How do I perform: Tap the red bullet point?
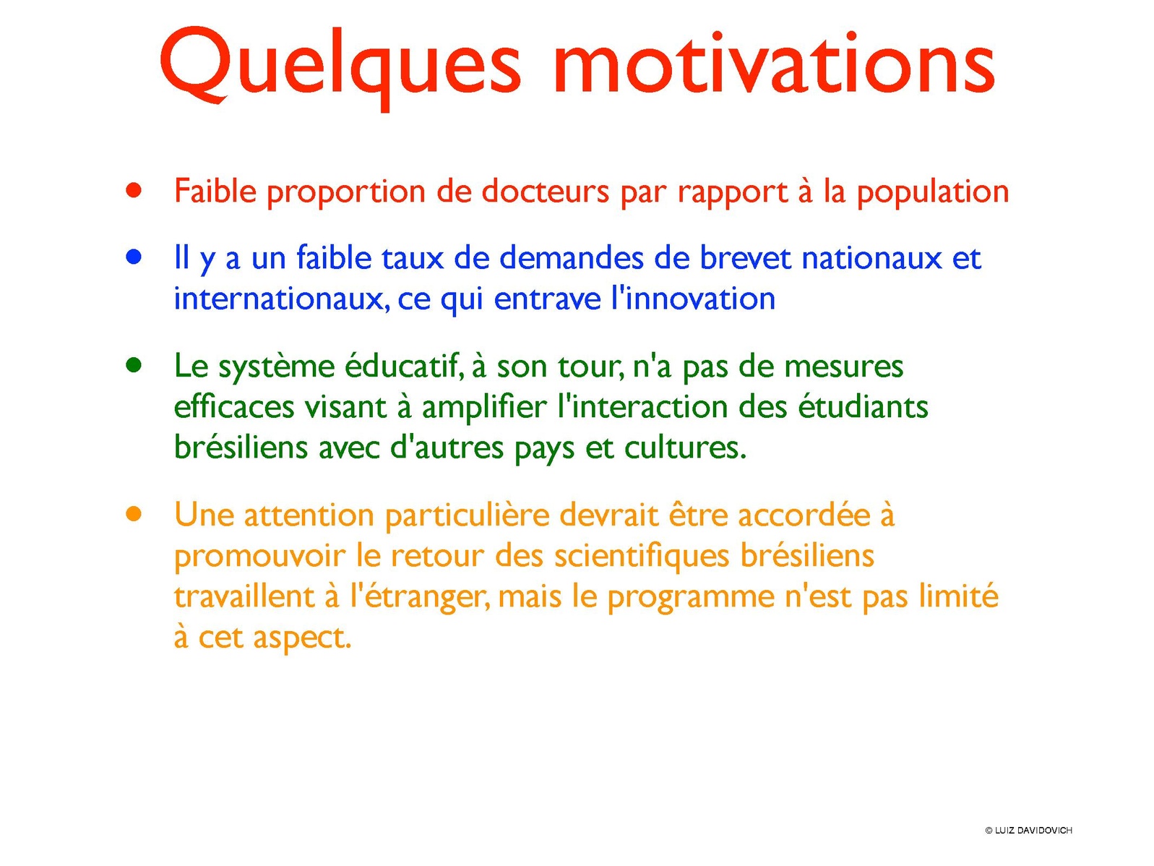[x=134, y=190]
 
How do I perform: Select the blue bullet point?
[x=134, y=257]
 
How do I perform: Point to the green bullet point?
[x=134, y=366]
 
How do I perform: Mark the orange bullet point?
[x=134, y=514]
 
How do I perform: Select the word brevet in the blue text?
[x=744, y=257]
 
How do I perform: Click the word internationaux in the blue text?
[x=282, y=299]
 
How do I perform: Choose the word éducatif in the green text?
[x=404, y=366]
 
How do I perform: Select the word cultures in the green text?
[x=685, y=447]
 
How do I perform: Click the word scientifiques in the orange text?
[x=642, y=557]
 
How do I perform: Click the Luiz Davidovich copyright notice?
[x=1028, y=831]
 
